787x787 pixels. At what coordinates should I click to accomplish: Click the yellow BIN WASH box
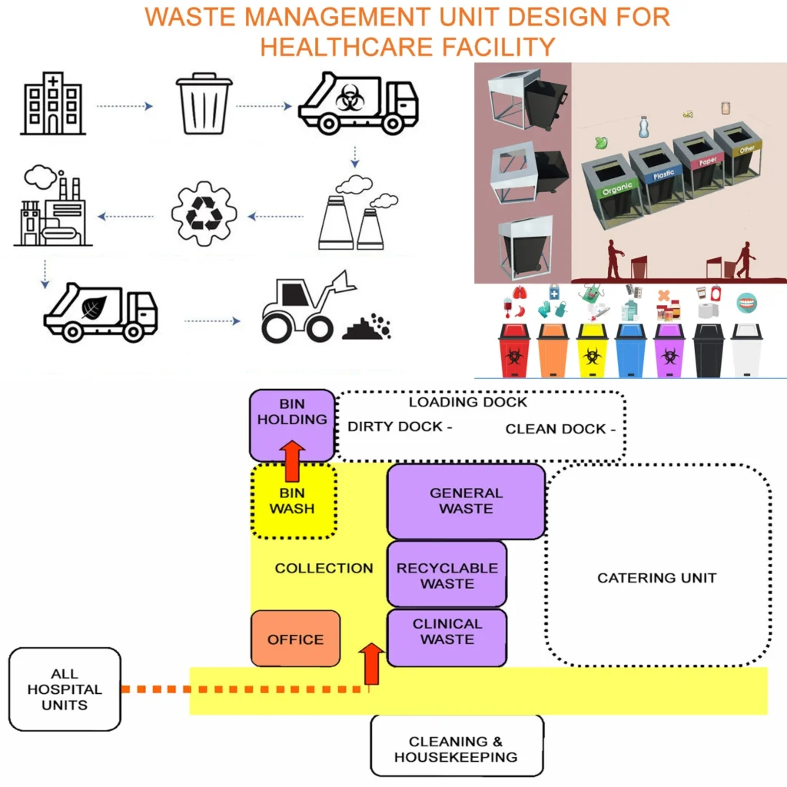[x=293, y=501]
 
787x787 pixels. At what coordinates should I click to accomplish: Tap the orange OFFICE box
[x=295, y=639]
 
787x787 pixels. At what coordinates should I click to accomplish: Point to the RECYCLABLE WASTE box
[x=447, y=575]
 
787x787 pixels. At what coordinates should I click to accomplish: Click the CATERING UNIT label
[x=656, y=578]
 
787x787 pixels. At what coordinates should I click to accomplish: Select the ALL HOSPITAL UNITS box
[x=65, y=689]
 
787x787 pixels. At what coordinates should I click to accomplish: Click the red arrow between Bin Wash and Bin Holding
[x=292, y=461]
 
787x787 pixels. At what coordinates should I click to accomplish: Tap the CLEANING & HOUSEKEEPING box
[x=457, y=749]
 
